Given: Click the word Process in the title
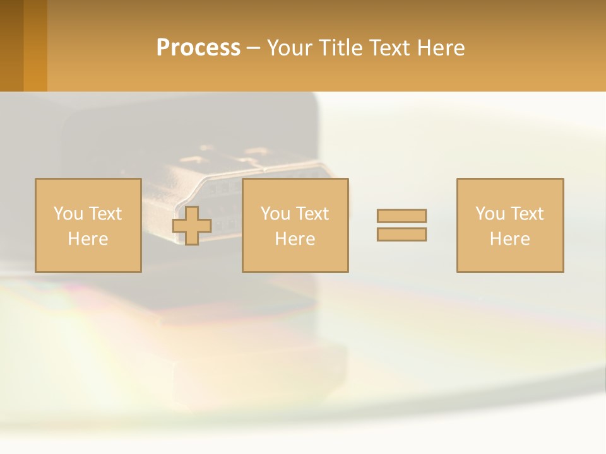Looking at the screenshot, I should pyautogui.click(x=198, y=48).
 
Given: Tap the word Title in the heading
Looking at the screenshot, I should pyautogui.click(x=341, y=48).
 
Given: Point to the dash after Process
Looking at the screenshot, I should pyautogui.click(x=253, y=49).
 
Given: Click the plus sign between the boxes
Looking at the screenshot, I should pyautogui.click(x=192, y=226).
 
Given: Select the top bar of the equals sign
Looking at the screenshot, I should pyautogui.click(x=401, y=216).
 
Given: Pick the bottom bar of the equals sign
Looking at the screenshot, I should pyautogui.click(x=401, y=234).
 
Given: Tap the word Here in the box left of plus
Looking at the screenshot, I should pyautogui.click(x=88, y=239).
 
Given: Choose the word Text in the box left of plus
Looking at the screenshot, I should pyautogui.click(x=105, y=214).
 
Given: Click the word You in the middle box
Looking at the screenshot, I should pyautogui.click(x=275, y=214).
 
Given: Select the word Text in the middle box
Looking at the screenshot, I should pyautogui.click(x=312, y=214).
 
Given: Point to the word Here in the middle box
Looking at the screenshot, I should pyautogui.click(x=295, y=239).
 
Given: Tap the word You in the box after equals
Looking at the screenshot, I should pyautogui.click(x=490, y=214).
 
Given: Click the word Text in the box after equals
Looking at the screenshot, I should pyautogui.click(x=526, y=214).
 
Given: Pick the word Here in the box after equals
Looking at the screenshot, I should pyautogui.click(x=509, y=239).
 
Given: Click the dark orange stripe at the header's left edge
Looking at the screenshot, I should pyautogui.click(x=11, y=45).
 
